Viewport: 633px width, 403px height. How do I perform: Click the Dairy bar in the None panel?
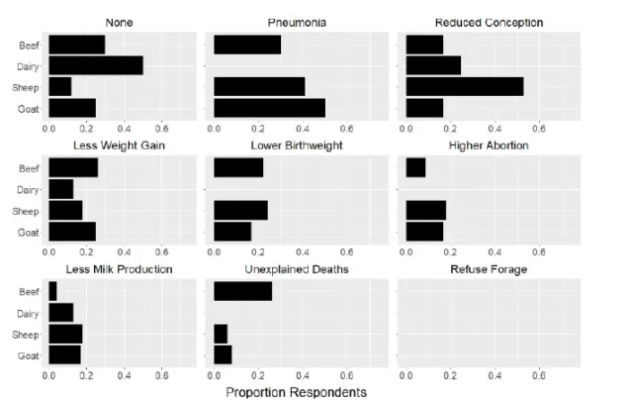coord(95,65)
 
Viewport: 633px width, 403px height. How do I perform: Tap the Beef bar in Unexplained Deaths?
coord(242,290)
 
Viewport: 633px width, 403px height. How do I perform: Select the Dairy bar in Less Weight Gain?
coord(60,189)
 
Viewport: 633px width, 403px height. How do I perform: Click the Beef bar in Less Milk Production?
coord(52,290)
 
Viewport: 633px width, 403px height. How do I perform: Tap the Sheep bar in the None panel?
coord(59,86)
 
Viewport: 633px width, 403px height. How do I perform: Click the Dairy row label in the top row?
coord(29,65)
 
